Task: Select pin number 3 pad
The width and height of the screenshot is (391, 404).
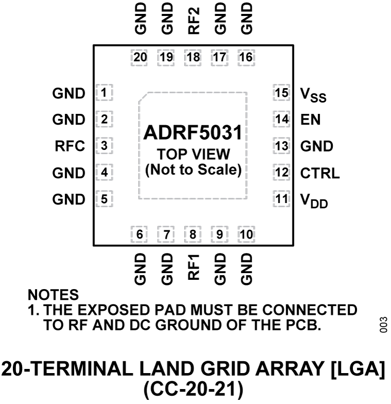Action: pyautogui.click(x=104, y=146)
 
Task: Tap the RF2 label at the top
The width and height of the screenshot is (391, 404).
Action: pyautogui.click(x=193, y=20)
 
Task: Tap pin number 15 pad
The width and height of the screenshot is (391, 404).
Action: pyautogui.click(x=281, y=93)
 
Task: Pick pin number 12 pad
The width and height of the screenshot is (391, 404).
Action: pyautogui.click(x=281, y=173)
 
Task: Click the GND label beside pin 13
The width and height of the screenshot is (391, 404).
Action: pyautogui.click(x=316, y=146)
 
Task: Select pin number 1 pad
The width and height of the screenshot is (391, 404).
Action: pyautogui.click(x=104, y=93)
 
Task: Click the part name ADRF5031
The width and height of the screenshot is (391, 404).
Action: pyautogui.click(x=193, y=133)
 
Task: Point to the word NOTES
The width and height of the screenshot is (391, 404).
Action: pyautogui.click(x=55, y=296)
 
